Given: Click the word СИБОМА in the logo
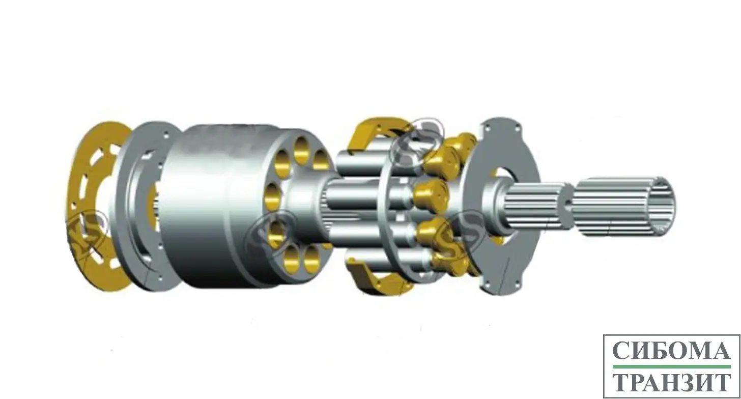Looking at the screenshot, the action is [672, 351].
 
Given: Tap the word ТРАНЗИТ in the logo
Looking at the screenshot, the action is [672, 382].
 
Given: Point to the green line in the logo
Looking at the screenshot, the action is [672, 366].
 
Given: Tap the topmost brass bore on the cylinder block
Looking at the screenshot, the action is [301, 151].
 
